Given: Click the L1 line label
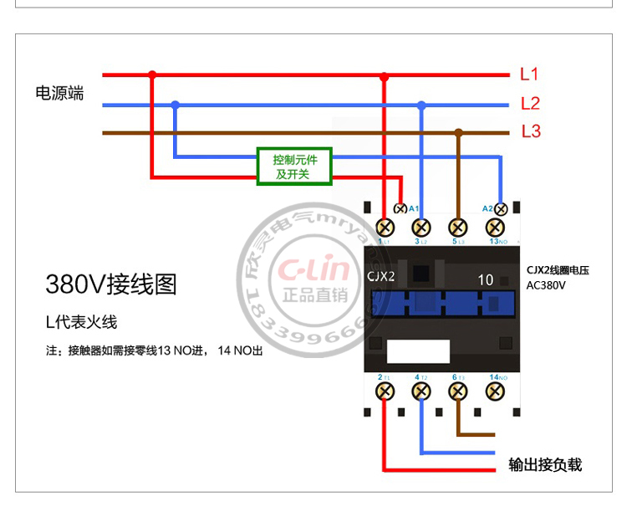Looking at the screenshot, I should tap(529, 74).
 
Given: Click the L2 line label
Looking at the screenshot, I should tap(530, 104).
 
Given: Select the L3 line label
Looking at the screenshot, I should tap(531, 131).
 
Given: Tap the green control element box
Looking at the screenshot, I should tap(293, 166).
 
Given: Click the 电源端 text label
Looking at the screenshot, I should tap(59, 93).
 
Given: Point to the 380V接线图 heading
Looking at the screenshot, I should tap(111, 284).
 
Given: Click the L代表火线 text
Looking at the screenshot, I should tap(82, 322).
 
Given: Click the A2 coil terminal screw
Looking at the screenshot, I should tap(501, 208).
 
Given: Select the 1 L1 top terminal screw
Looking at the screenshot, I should tap(385, 227).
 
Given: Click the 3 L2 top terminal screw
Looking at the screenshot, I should tap(422, 227).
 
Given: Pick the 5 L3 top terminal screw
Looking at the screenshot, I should tap(458, 227).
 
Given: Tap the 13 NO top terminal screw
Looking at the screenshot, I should tap(497, 227).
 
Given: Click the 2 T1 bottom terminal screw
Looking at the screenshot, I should tap(385, 391).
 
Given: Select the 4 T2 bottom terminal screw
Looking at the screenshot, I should tap(422, 391).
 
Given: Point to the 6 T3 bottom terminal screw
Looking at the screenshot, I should tap(458, 391).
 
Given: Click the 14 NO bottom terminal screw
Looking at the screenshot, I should tap(497, 391).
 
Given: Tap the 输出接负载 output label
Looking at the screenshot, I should tap(545, 464).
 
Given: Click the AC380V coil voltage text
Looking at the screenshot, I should tap(547, 285).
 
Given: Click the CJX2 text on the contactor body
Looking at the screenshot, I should tap(381, 276).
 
